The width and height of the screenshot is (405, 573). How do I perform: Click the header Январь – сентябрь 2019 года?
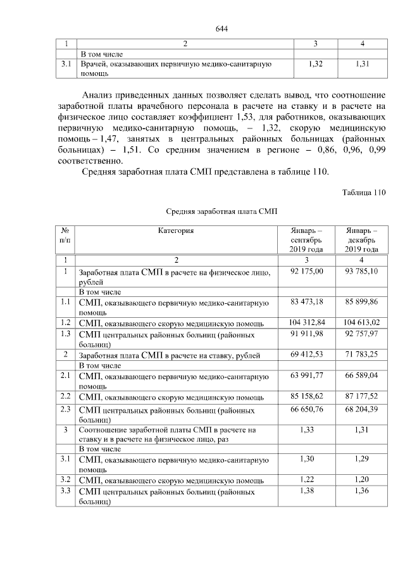pos(306,240)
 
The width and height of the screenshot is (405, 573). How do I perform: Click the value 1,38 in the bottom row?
pos(306,491)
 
